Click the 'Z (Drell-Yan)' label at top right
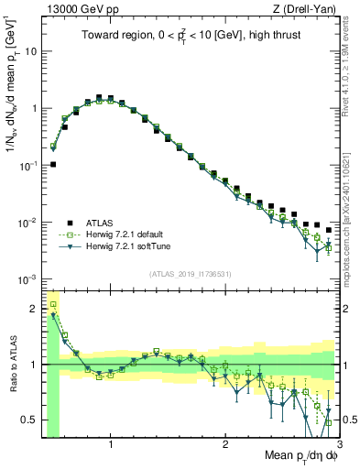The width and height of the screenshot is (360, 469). [x=309, y=8]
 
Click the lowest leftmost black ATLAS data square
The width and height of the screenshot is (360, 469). [x=53, y=165]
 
